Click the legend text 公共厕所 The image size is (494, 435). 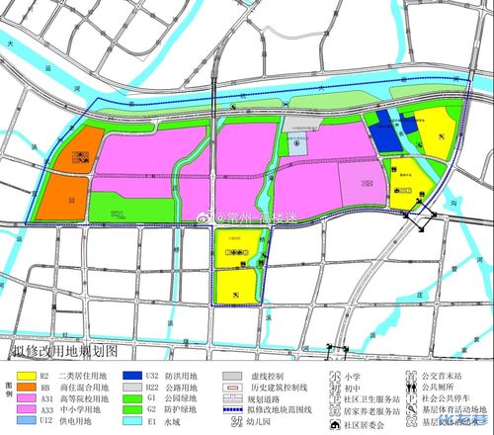[x=439, y=388]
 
